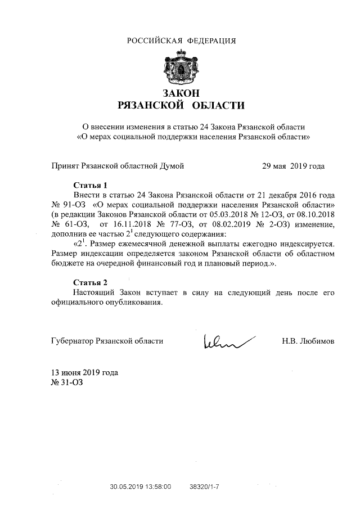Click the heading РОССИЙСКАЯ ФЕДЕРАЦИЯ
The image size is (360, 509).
click(181, 40)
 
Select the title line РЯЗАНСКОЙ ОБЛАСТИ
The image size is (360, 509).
click(181, 105)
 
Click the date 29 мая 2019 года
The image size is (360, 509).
click(294, 166)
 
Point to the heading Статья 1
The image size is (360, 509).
click(90, 185)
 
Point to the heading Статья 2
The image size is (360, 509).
click(90, 282)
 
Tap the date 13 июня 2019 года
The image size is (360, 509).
click(84, 373)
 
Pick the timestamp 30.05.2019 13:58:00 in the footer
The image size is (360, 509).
click(140, 485)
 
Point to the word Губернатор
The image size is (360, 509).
click(72, 341)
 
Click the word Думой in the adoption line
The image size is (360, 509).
click(172, 166)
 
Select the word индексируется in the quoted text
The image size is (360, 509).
click(308, 244)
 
